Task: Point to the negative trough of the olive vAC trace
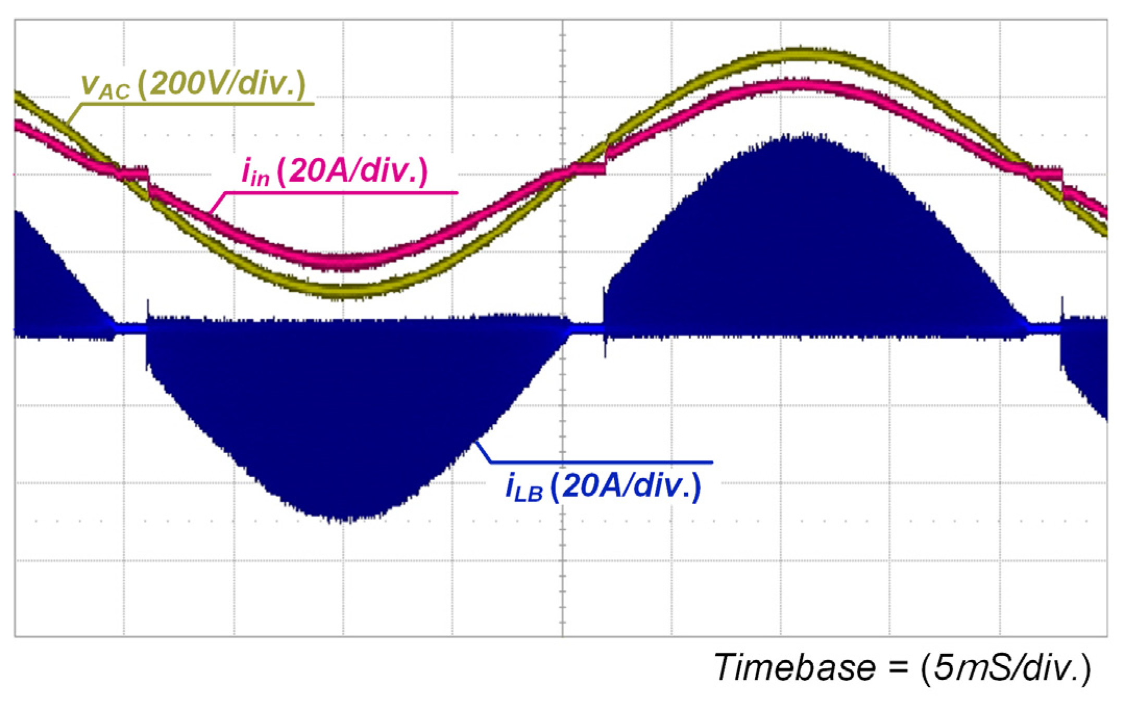[341, 291]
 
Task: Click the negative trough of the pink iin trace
[341, 261]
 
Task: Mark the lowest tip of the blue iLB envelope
[341, 520]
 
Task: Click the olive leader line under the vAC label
[198, 104]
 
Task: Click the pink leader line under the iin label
[339, 193]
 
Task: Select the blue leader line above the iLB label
[599, 462]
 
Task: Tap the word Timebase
[795, 667]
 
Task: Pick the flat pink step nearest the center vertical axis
[588, 169]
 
